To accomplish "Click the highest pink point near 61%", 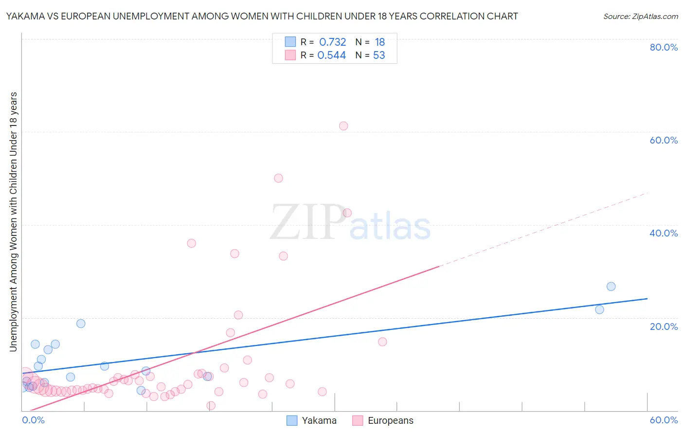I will [x=343, y=126].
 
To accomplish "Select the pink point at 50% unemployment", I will [x=278, y=178].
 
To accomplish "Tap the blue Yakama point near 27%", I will [x=611, y=287].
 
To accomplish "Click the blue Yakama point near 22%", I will [x=599, y=309].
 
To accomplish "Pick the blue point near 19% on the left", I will [x=81, y=324].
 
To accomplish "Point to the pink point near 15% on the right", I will [x=382, y=342].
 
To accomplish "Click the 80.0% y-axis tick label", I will [x=664, y=47].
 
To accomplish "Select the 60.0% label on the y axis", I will [x=664, y=140].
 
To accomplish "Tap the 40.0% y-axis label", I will [x=664, y=233].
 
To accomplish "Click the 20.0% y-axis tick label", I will [x=664, y=326].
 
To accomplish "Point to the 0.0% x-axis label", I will [x=34, y=420].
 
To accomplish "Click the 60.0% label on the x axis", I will [x=664, y=420].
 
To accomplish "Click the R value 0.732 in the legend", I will [x=332, y=42].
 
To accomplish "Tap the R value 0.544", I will [x=331, y=55].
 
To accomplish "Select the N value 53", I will [x=379, y=55].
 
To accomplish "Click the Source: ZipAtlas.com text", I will [x=640, y=16].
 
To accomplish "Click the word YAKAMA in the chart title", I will [x=23, y=16].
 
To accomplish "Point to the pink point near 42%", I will [x=347, y=213].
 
